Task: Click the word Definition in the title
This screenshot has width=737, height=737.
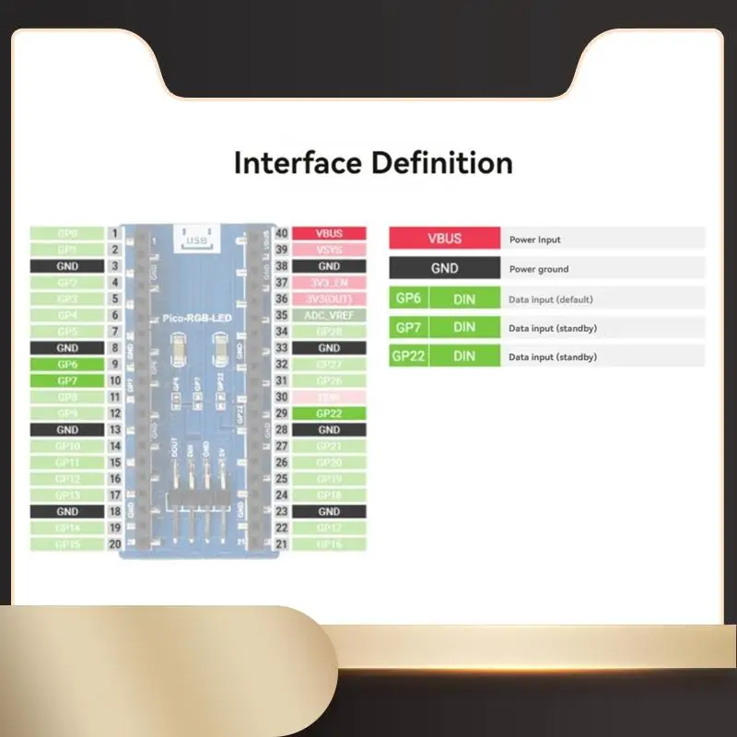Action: (441, 164)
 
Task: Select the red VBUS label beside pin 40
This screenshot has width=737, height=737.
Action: (329, 234)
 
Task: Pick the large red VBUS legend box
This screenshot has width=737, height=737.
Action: (445, 239)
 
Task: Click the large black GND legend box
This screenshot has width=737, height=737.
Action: (445, 269)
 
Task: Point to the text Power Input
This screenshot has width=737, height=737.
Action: (534, 240)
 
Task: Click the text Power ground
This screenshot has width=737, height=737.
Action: (539, 270)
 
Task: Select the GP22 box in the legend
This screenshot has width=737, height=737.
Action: (408, 357)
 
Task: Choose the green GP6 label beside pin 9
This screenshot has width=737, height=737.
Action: (67, 365)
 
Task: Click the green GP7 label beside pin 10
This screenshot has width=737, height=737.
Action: (67, 380)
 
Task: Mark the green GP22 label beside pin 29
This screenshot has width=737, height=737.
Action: (329, 414)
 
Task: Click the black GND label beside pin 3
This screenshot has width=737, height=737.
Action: (67, 266)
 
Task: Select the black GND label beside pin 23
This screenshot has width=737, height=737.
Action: (329, 511)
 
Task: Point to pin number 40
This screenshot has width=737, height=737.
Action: (283, 234)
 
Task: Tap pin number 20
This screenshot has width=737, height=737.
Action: (114, 544)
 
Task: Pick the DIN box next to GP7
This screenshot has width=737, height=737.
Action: (464, 327)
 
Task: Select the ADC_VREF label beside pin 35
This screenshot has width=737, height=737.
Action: (329, 315)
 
